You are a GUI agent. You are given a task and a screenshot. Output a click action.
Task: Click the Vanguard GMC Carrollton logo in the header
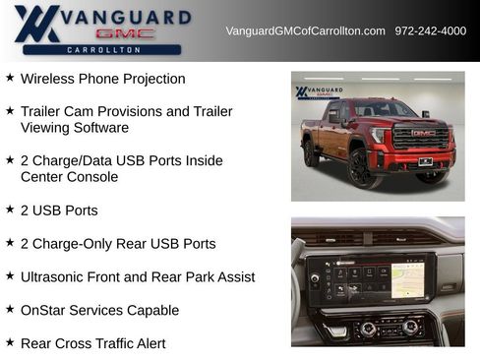pyautogui.click(x=102, y=30)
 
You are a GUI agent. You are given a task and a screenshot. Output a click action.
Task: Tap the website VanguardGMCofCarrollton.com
pyautogui.click(x=305, y=30)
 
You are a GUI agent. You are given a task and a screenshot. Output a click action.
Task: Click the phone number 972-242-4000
pyautogui.click(x=430, y=30)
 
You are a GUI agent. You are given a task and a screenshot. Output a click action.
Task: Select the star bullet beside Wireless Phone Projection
pyautogui.click(x=10, y=78)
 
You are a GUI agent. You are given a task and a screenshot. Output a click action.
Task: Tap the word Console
pyautogui.click(x=92, y=177)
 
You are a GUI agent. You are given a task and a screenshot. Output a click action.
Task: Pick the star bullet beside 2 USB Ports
pyautogui.click(x=10, y=210)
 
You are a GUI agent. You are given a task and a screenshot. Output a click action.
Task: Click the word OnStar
pyautogui.click(x=43, y=311)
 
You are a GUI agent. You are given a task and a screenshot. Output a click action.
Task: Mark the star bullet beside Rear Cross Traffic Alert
pyautogui.click(x=10, y=342)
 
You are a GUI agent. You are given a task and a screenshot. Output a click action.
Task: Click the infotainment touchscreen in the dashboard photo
pyautogui.click(x=380, y=277)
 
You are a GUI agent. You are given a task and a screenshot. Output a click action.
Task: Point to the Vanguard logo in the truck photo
pyautogui.click(x=317, y=92)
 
